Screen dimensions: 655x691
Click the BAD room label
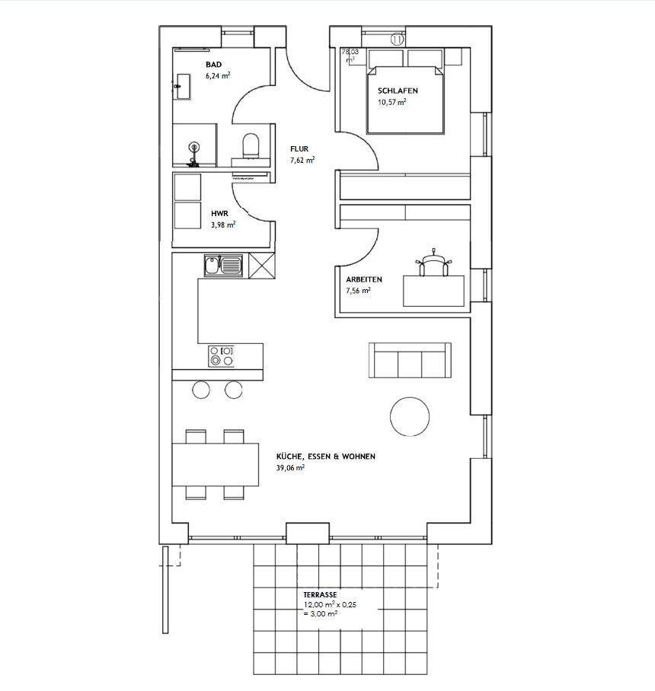click(x=213, y=65)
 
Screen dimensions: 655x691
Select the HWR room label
click(x=219, y=214)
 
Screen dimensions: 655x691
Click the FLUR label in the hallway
click(x=299, y=150)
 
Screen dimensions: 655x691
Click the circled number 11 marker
click(x=397, y=39)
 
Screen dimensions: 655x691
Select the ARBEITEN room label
click(x=364, y=279)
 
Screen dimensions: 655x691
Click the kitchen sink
click(x=222, y=266)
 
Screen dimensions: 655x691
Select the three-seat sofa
click(x=409, y=360)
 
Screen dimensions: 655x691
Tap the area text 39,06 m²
click(x=290, y=468)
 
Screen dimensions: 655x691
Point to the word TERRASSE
click(x=320, y=595)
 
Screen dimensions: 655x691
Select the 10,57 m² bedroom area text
click(x=391, y=101)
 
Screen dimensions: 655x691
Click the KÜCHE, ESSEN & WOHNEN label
click(x=326, y=457)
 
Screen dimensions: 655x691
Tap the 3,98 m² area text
click(x=222, y=224)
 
